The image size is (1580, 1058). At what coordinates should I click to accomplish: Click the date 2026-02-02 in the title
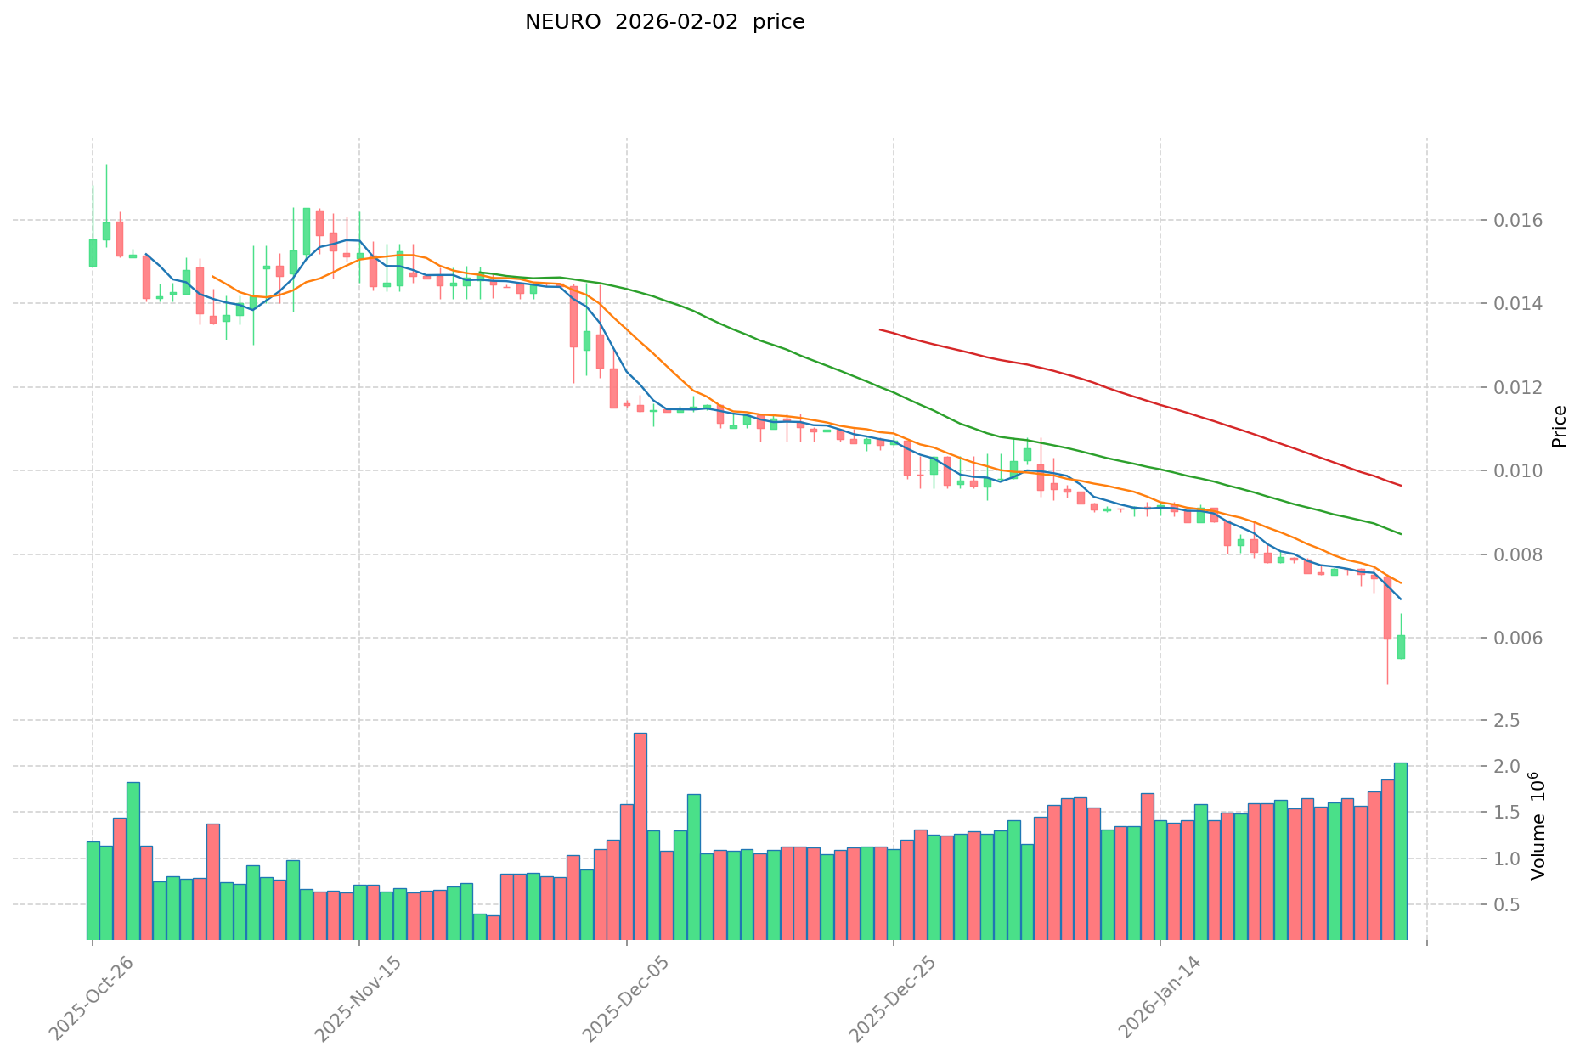pos(677,22)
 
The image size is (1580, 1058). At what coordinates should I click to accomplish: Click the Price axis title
pos(1559,426)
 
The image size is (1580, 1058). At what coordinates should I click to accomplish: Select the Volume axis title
pos(1538,825)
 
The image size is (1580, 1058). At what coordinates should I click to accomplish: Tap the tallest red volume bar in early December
pos(640,836)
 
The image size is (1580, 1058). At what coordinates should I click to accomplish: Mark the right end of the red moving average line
pos(1401,486)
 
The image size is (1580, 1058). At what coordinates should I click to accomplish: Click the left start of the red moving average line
pos(880,329)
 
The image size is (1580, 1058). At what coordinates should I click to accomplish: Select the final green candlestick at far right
pos(1401,647)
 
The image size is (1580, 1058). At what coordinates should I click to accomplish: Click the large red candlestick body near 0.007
pos(1387,608)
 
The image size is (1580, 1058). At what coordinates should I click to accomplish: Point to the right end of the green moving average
pos(1401,534)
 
